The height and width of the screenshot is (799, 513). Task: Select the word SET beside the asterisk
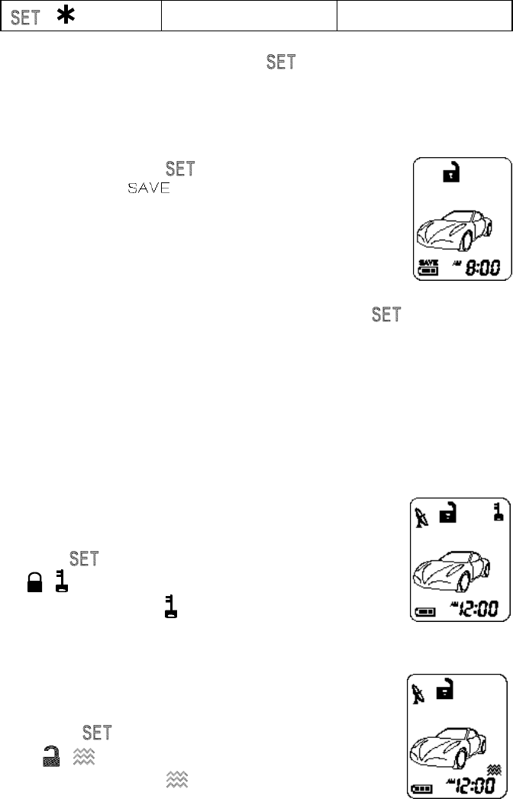tap(26, 17)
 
